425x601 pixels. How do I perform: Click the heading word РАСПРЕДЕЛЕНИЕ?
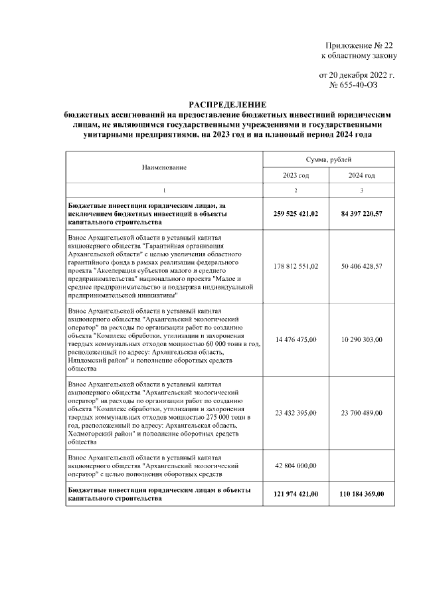tap(227, 105)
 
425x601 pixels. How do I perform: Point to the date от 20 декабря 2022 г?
tap(357, 76)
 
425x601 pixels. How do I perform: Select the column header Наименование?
tap(164, 167)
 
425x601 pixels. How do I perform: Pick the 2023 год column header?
tap(296, 175)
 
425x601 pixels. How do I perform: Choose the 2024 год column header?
tap(362, 175)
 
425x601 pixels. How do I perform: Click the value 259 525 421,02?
tap(296, 214)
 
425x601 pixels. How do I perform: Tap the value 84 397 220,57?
tap(362, 214)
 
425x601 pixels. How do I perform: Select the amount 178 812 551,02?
tap(296, 266)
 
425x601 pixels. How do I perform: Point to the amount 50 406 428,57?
tap(362, 266)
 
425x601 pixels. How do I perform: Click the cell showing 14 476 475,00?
tap(296, 339)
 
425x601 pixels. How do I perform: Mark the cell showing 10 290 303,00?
tap(362, 339)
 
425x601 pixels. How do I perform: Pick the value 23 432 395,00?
tap(296, 412)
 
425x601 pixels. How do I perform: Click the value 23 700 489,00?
tap(362, 412)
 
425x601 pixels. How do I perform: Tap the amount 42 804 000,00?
tap(296, 466)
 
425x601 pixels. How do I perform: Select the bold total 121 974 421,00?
tap(296, 494)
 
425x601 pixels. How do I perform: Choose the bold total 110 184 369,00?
tap(362, 494)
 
